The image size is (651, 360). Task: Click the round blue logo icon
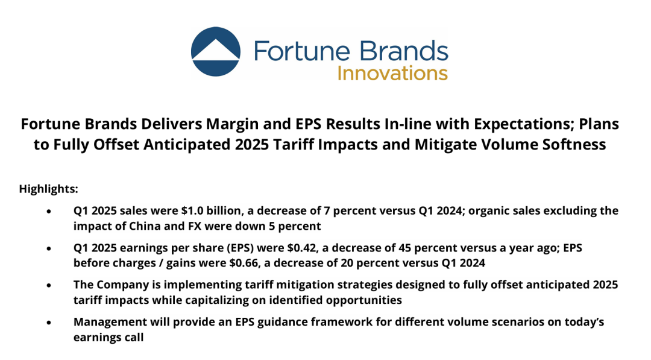pos(215,51)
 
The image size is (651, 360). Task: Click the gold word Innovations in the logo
pos(392,73)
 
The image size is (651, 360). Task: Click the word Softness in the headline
pos(574,145)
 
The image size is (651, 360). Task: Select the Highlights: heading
pos(49,189)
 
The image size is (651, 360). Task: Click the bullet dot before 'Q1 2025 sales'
pos(49,211)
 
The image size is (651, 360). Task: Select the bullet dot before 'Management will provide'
pos(49,323)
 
